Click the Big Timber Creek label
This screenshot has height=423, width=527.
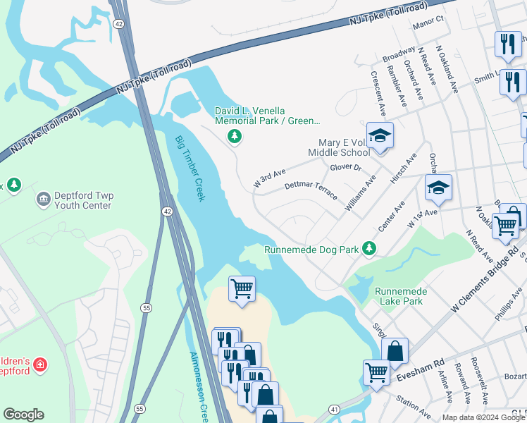pyautogui.click(x=190, y=166)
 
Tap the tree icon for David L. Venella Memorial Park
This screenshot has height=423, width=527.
pyautogui.click(x=235, y=136)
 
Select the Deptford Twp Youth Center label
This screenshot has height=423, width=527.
pyautogui.click(x=78, y=201)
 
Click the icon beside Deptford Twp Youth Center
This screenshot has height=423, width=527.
pyautogui.click(x=42, y=200)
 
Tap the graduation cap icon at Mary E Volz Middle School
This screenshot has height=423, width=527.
pyautogui.click(x=380, y=135)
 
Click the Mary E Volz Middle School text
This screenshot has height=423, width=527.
pyautogui.click(x=339, y=147)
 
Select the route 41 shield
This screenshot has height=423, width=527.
pyautogui.click(x=334, y=409)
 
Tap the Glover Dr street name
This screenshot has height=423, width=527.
pyautogui.click(x=346, y=168)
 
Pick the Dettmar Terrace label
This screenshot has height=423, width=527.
pyautogui.click(x=310, y=189)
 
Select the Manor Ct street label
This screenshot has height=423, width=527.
pyautogui.click(x=429, y=20)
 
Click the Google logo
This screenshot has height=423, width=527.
pyautogui.click(x=23, y=415)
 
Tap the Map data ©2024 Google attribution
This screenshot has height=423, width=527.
pyautogui.click(x=483, y=417)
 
